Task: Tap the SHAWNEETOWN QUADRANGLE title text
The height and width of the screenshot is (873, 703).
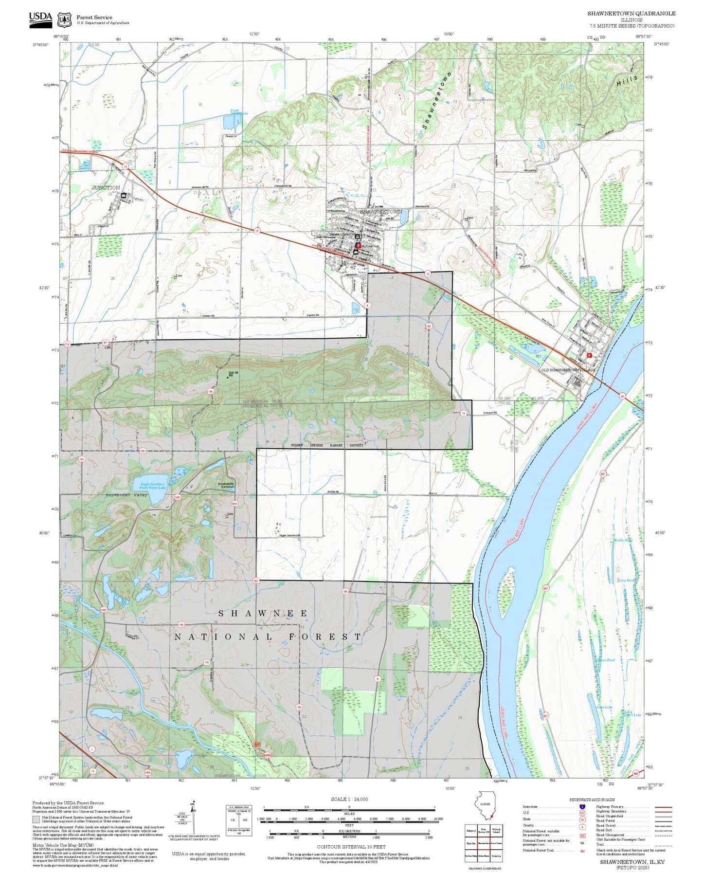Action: click(631, 14)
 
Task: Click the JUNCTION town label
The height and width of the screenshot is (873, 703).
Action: click(106, 187)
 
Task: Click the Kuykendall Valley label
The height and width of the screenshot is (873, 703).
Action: click(126, 495)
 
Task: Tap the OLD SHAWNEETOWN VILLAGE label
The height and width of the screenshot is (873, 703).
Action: click(568, 370)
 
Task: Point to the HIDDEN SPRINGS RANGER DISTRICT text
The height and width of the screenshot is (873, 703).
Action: click(327, 445)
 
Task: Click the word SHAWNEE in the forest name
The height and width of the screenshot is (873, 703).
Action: click(263, 614)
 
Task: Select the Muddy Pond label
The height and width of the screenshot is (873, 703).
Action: click(623, 540)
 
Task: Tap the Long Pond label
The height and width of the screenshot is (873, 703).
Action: click(626, 580)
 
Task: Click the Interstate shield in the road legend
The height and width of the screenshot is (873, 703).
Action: click(582, 806)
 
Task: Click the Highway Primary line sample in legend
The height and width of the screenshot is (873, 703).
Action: click(663, 807)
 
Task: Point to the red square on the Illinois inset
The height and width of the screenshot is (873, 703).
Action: click(492, 816)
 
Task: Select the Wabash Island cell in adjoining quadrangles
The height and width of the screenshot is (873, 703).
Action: click(496, 831)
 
